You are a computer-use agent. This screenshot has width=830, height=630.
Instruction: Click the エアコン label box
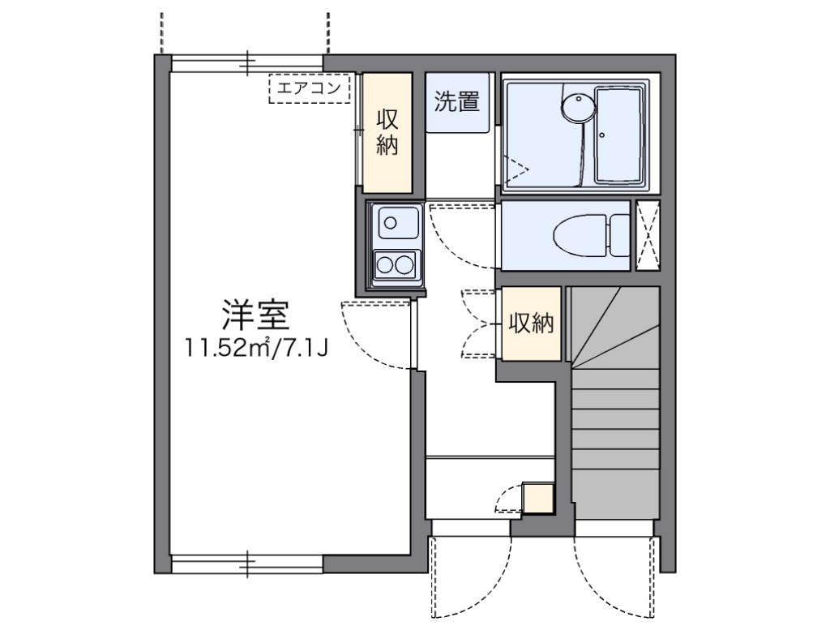click(310, 89)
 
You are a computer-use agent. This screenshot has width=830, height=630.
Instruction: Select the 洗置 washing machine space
click(458, 102)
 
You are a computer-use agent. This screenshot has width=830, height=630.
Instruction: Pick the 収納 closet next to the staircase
click(530, 324)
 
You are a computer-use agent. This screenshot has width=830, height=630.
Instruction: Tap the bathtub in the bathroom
click(622, 135)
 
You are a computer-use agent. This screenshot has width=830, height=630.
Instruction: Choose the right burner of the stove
click(403, 264)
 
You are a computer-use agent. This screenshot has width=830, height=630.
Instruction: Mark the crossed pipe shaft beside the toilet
click(648, 235)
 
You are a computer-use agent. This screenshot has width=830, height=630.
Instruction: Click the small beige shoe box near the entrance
click(537, 498)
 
